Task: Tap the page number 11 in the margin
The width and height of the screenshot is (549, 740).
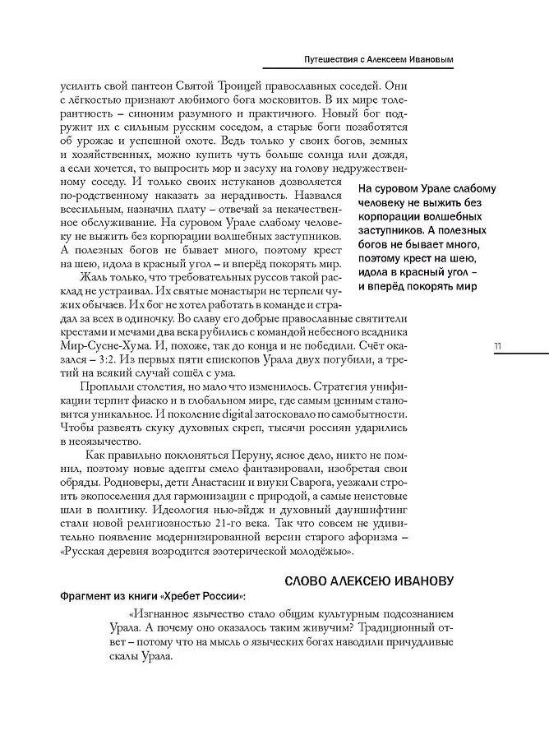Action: point(498,345)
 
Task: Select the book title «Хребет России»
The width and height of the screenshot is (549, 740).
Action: point(204,596)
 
